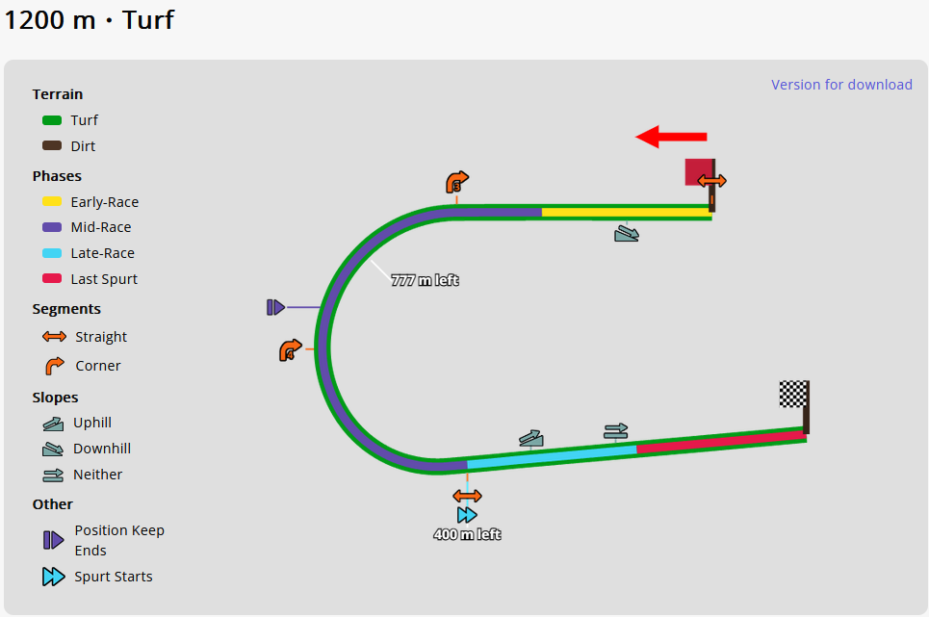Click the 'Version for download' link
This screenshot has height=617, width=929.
click(x=841, y=85)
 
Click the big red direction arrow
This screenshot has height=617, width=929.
click(x=671, y=137)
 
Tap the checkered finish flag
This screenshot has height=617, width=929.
click(x=793, y=394)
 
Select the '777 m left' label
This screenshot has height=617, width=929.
click(x=425, y=281)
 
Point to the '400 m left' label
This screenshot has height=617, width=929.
click(x=467, y=535)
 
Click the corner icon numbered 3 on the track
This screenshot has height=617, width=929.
click(x=457, y=182)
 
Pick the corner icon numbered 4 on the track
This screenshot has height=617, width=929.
click(x=291, y=350)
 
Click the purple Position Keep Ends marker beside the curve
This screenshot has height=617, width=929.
click(x=275, y=307)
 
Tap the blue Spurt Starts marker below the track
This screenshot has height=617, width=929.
click(x=467, y=515)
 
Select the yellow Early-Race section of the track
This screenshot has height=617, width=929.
click(x=626, y=212)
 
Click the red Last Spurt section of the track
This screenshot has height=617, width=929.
click(x=722, y=442)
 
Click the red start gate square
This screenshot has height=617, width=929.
click(x=697, y=171)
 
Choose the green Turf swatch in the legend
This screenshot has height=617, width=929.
click(x=52, y=120)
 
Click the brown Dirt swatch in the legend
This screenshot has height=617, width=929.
click(x=52, y=146)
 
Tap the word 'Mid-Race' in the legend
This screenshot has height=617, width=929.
click(x=101, y=227)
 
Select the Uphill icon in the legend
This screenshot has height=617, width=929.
click(x=52, y=423)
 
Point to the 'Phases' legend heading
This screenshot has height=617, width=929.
click(x=57, y=176)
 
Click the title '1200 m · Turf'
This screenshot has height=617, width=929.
click(x=89, y=19)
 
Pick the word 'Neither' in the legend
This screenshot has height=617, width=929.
click(x=97, y=475)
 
